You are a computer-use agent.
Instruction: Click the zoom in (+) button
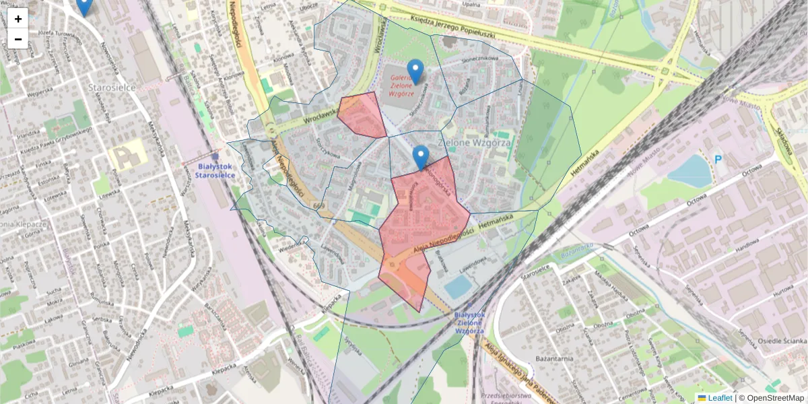(18, 18)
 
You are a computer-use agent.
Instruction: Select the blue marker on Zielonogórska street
(421, 157)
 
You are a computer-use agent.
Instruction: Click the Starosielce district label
(112, 88)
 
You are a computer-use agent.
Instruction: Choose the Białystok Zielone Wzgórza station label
(469, 323)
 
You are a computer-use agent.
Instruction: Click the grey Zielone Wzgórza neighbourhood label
(475, 143)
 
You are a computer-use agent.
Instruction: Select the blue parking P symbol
(718, 160)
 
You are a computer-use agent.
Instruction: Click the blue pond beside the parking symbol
(689, 171)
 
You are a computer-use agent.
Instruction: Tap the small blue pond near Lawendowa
(459, 286)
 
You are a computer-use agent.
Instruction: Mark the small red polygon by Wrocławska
(361, 114)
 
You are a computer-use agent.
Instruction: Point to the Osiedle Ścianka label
(778, 341)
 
